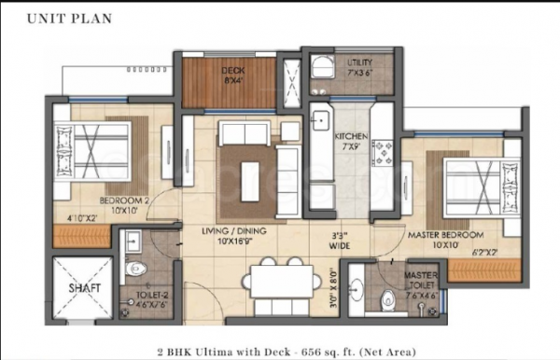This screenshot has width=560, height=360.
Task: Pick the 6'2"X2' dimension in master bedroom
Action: click(483, 252)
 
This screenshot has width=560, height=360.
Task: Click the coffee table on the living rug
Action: click(247, 174)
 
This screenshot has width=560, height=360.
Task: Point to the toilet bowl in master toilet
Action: click(388, 300)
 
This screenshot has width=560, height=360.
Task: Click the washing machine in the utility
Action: click(322, 64)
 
